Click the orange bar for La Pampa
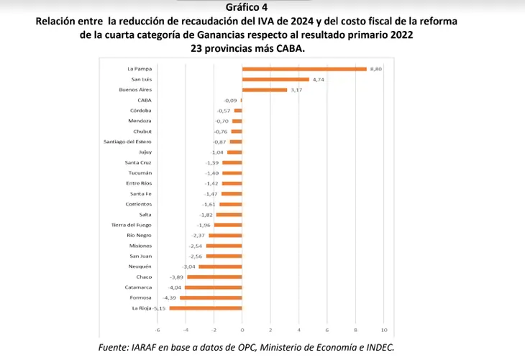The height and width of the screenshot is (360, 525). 304,69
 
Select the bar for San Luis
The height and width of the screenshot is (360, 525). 275,79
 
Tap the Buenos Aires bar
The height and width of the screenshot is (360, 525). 265,90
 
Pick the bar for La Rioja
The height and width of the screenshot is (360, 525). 206,308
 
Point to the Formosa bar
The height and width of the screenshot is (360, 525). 211,297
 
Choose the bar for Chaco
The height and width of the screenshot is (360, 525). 214,277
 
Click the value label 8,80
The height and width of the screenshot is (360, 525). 374,69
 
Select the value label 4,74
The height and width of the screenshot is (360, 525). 318,79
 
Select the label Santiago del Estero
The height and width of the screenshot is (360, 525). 128,142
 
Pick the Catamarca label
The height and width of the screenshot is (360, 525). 138,287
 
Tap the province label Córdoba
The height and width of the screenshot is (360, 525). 141,111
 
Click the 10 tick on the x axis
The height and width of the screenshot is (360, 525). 384,330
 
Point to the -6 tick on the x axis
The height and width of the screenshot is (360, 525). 157,330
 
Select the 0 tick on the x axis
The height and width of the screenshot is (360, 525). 242,330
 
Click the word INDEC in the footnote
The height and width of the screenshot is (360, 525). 378,346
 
